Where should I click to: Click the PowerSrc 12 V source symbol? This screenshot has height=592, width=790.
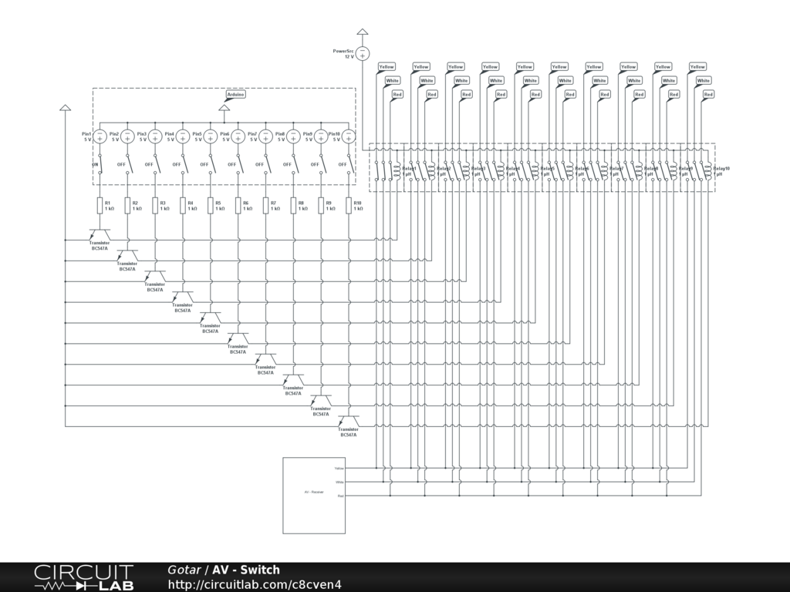(x=363, y=53)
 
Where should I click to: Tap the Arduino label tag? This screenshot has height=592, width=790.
(x=236, y=95)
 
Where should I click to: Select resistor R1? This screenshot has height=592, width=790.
(x=100, y=205)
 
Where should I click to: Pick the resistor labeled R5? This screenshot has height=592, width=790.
(x=210, y=205)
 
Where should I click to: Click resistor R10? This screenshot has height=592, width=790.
(x=348, y=205)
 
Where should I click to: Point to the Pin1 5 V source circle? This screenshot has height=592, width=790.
(x=100, y=136)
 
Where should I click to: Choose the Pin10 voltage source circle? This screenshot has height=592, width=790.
(x=349, y=136)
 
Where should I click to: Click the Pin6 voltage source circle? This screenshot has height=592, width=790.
(x=238, y=136)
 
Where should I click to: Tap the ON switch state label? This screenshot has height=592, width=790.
(x=96, y=164)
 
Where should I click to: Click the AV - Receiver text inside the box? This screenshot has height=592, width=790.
(x=313, y=491)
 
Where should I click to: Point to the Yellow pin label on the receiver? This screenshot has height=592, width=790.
(x=339, y=468)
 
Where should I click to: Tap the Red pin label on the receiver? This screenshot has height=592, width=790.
(x=341, y=496)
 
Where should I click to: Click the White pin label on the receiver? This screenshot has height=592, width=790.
(x=340, y=482)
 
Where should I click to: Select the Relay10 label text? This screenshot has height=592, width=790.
(x=721, y=168)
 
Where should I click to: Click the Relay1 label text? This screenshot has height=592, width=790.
(x=409, y=168)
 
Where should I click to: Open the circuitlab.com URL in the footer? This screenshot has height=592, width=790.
(x=254, y=584)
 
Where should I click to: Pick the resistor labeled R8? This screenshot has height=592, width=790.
(x=293, y=205)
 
